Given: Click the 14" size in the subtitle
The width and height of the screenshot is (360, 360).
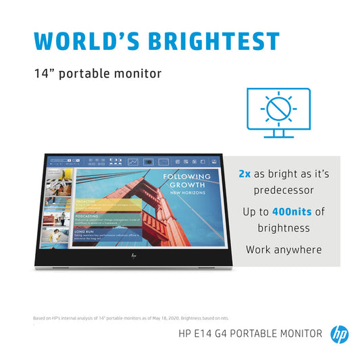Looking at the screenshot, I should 44,73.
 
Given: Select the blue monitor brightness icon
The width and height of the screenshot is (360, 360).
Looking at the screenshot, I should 278,112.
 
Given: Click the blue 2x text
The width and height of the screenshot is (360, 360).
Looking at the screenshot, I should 245,174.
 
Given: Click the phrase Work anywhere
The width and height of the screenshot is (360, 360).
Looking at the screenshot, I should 283,250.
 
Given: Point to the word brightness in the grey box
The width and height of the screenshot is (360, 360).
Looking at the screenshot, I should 283,228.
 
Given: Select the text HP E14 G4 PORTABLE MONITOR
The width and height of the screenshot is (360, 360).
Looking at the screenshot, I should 250,333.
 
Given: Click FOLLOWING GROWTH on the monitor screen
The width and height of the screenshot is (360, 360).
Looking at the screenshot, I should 187,180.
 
